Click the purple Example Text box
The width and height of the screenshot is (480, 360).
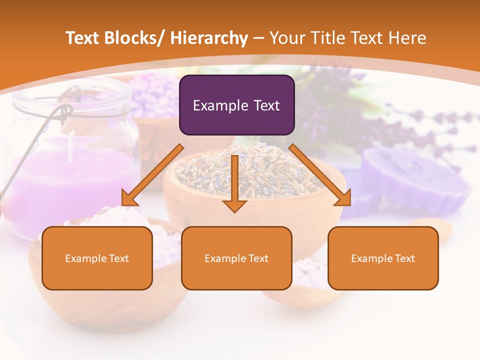point(236,105)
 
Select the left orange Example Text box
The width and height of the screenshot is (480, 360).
point(97,258)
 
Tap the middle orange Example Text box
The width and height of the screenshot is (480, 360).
point(236,258)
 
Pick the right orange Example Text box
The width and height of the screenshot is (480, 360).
point(383,258)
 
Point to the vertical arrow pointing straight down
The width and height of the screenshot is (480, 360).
point(234,182)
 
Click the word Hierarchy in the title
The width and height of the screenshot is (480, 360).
point(209,38)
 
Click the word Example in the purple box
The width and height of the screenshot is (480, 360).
point(220,105)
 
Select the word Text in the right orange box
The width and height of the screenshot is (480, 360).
point(404,258)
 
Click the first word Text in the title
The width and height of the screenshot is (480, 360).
point(83,38)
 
